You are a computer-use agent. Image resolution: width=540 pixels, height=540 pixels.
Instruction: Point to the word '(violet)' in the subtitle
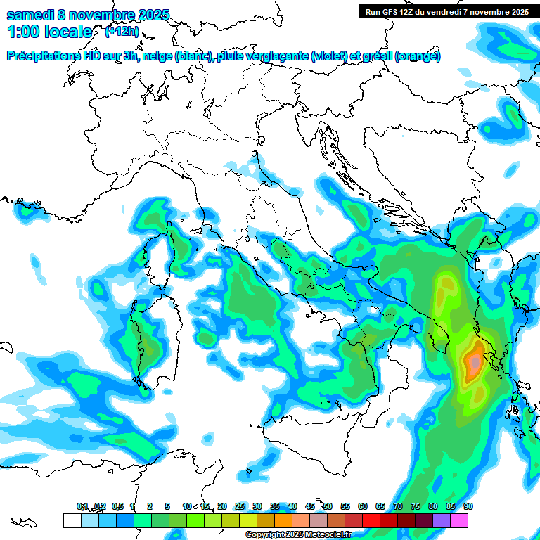[333, 56]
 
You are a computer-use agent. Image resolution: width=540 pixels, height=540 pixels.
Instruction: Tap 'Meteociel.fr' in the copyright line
[328, 535]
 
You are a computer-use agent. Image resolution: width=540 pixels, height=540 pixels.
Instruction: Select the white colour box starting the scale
[72, 520]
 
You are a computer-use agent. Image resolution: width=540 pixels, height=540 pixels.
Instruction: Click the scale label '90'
[468, 506]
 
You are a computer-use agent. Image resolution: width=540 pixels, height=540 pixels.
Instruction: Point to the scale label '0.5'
[117, 506]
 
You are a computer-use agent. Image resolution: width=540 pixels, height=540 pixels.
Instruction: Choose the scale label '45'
[310, 506]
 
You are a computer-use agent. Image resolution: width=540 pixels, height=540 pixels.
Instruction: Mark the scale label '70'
[398, 506]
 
